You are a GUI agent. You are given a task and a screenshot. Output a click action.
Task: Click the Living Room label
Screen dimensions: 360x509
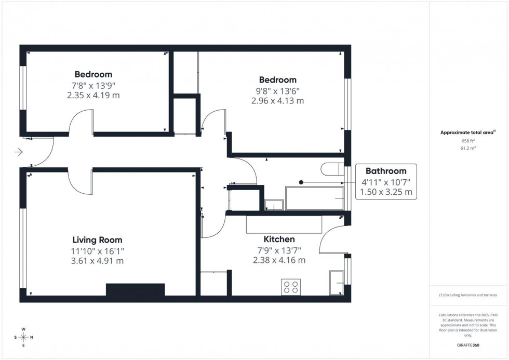(97, 240)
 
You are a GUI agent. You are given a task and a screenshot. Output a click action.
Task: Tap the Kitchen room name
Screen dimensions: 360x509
(279, 239)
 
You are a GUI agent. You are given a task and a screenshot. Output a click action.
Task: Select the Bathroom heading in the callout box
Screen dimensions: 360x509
(385, 171)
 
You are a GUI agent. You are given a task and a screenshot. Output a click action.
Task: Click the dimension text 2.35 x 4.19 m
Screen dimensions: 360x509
(93, 95)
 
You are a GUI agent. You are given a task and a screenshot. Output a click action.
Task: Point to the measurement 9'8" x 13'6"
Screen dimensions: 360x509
(278, 90)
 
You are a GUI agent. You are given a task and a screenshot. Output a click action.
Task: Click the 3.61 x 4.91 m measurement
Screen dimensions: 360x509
(97, 261)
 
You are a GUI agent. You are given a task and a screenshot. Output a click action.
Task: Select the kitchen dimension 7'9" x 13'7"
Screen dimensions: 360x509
(279, 250)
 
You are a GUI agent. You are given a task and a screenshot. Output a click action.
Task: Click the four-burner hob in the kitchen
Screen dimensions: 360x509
(291, 287)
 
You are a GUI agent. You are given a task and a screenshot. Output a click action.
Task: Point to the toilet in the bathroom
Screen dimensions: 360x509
(331, 169)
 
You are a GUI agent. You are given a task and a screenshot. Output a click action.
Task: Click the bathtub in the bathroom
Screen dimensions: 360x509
(315, 199)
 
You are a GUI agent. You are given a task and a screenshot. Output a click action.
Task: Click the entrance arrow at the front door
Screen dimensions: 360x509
(19, 152)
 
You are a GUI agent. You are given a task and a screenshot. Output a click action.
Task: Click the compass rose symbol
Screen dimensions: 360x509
(23, 337)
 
